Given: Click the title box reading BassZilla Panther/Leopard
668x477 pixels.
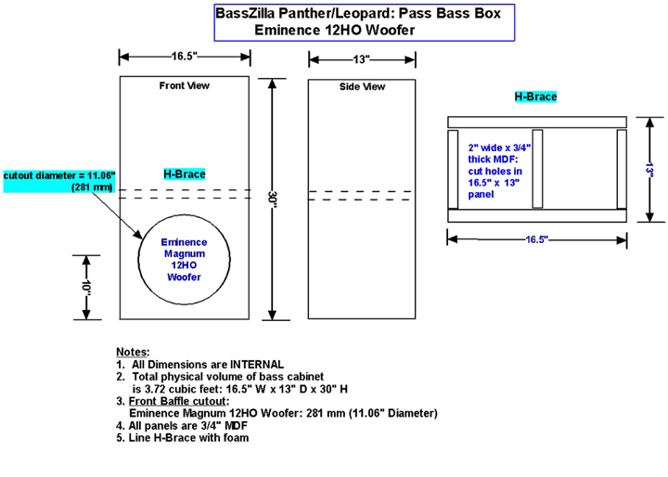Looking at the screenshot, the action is [365, 22].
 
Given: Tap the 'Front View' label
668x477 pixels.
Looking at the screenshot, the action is [185, 85].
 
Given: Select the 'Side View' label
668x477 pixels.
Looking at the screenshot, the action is [362, 87].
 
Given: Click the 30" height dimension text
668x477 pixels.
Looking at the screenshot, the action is [272, 200].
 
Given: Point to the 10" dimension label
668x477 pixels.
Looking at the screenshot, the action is [86, 288].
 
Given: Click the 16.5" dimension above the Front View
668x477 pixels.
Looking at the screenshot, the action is [185, 57].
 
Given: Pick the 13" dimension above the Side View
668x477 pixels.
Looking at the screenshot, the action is [361, 59].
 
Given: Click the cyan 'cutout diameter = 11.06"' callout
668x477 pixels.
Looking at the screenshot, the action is [59, 181].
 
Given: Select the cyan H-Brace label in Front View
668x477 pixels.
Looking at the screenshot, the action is [185, 174].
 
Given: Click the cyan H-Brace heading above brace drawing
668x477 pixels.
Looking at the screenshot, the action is [535, 97].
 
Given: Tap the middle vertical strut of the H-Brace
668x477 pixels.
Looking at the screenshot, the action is [537, 169].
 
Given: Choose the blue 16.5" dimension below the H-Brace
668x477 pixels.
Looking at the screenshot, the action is [537, 239].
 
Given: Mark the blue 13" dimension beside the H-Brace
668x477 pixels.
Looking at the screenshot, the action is [649, 170].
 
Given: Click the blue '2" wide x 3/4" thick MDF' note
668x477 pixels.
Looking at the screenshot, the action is [499, 171].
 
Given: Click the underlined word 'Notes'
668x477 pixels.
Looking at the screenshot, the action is [132, 352].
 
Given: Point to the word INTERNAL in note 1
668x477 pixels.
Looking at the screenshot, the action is [257, 365].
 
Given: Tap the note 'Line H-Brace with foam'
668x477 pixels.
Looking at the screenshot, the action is [188, 438].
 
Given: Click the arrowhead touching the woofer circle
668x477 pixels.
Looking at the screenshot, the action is [138, 235].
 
